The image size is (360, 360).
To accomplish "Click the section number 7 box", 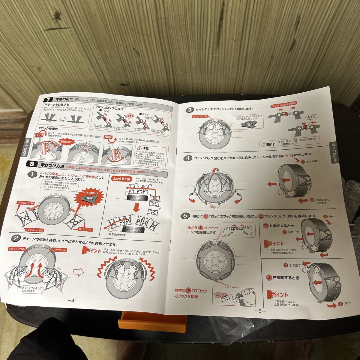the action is pyautogui.click(x=48, y=100).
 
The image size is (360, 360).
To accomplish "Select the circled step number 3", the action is pyautogui.click(x=189, y=110).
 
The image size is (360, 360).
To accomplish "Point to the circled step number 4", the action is pyautogui.click(x=188, y=158).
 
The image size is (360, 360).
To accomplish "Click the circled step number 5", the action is pyautogui.click(x=186, y=216).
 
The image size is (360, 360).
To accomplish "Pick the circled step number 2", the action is pyautogui.click(x=15, y=238).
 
